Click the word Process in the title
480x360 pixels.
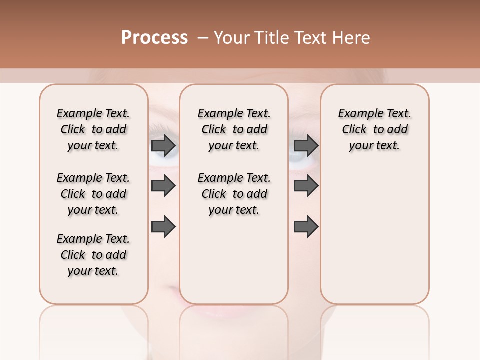(154, 38)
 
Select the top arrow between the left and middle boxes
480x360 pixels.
(163, 146)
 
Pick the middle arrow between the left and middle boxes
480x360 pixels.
(163, 186)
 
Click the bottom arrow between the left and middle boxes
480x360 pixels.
(163, 227)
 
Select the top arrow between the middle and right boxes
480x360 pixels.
(306, 146)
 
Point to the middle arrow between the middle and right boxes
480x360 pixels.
(306, 186)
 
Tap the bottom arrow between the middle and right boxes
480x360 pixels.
(306, 227)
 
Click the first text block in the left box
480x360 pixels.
(93, 129)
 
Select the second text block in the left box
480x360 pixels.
(93, 194)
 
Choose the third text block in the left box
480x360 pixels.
(93, 255)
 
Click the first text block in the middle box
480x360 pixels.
(234, 129)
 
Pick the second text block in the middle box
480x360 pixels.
(234, 194)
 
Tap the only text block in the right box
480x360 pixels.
(375, 129)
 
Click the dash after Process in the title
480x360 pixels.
(203, 38)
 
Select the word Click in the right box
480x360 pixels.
(354, 130)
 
